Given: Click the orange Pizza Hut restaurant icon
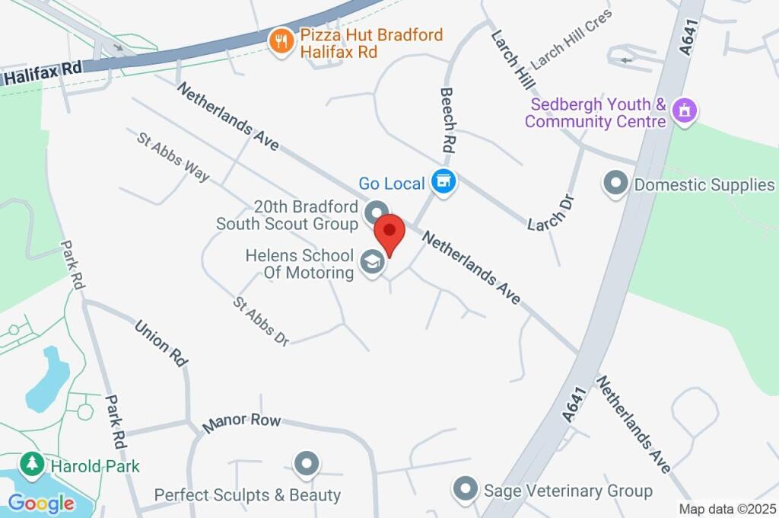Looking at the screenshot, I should pos(281,41).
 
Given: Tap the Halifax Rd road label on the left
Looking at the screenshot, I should pos(41,73).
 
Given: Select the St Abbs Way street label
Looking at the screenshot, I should pos(173,157).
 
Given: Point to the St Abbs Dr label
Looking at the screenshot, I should pos(261,321).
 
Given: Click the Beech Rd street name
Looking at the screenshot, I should pos(447,120).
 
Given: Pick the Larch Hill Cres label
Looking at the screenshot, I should pos(571,40).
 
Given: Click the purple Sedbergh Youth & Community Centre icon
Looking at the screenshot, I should pos(685,111).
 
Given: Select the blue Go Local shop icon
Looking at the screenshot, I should pos(442,182).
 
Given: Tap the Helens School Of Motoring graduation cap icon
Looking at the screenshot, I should pos(372,263).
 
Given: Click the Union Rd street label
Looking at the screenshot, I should pos(161,344).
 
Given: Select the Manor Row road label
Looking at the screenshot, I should pos(242,420).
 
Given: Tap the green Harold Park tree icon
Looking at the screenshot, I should pos(32,464).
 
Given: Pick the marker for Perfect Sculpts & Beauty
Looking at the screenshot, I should pos(307,463).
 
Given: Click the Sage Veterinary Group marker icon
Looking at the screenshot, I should pos(465,490).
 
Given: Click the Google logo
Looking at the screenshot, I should pos(41,503).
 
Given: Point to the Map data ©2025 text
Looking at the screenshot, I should pos(727,509).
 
